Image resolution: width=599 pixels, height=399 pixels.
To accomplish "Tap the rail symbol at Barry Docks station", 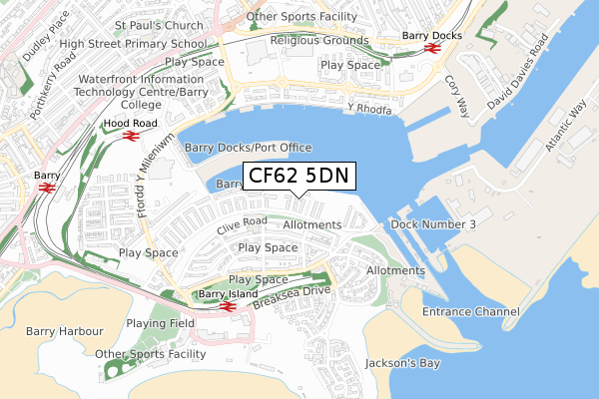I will (432, 48).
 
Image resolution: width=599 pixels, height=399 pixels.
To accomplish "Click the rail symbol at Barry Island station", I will (227, 307).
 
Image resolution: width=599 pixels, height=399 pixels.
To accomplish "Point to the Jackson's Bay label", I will (402, 363).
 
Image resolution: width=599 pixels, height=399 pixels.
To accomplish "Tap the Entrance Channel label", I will (471, 312).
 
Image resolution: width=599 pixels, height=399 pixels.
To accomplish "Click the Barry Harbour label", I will (66, 331).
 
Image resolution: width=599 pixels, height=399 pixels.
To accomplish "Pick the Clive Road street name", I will (241, 226).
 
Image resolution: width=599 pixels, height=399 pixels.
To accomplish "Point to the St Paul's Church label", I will (161, 25).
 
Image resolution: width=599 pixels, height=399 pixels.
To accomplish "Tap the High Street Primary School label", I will (146, 43).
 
